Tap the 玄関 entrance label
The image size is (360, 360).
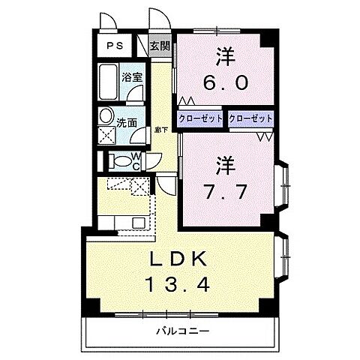(159, 45)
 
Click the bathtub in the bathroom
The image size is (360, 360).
(108, 79)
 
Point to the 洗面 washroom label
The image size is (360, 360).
(126, 121)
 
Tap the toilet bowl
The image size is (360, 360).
(118, 160)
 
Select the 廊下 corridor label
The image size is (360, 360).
(160, 130)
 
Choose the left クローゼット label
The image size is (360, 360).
(200, 118)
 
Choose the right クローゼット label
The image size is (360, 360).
(250, 118)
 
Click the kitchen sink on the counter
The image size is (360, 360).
(139, 223)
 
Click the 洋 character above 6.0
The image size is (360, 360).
(223, 55)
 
